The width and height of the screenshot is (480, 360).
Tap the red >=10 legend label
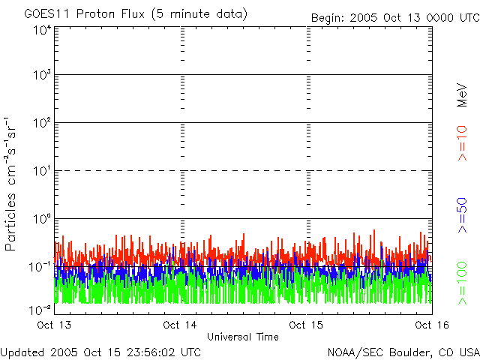(x=463, y=142)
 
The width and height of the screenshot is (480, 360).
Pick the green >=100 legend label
(x=463, y=282)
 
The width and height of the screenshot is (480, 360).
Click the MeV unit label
(x=463, y=95)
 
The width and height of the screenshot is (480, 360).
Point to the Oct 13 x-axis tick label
(x=55, y=325)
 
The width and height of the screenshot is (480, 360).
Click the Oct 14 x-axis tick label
(x=180, y=325)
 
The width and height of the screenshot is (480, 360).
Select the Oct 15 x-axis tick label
(x=306, y=325)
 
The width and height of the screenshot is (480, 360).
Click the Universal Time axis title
(x=242, y=337)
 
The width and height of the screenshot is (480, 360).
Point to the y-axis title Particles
(x=12, y=217)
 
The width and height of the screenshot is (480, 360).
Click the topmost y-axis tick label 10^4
(x=41, y=30)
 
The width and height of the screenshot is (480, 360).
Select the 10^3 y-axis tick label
(x=41, y=76)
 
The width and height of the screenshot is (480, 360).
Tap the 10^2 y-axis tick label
(x=41, y=123)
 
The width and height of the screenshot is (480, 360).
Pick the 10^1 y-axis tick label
(x=41, y=172)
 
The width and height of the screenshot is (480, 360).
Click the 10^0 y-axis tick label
(x=41, y=219)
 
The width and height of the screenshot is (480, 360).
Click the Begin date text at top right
(x=394, y=16)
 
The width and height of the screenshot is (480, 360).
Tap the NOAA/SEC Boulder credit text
(x=403, y=351)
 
